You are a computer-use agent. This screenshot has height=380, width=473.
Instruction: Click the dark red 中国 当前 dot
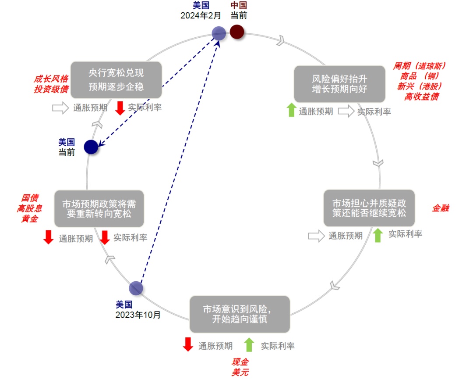pos(237,32)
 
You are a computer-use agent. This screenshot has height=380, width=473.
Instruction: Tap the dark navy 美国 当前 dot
pos(91,147)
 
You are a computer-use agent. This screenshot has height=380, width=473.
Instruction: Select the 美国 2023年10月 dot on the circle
pos(136,288)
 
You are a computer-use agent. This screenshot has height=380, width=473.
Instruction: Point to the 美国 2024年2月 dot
pos(219,33)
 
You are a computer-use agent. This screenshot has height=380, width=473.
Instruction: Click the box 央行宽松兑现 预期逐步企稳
pos(116,79)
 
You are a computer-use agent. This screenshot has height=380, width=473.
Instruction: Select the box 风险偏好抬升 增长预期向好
pos(339,84)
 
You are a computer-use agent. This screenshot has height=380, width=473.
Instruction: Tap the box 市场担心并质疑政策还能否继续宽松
pos(369,208)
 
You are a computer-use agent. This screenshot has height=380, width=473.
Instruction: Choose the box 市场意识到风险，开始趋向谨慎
pos(240,314)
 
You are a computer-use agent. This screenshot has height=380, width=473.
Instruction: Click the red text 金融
pos(440,208)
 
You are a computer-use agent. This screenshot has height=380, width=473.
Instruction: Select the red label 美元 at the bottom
pos(240,373)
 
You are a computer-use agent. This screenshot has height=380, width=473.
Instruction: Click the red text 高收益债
pos(421,97)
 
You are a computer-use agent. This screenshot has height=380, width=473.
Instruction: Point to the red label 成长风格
pos(51,79)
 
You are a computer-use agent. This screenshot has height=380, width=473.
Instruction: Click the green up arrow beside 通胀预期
pos(291,110)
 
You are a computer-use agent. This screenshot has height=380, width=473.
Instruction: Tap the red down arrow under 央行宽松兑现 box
pos(120,108)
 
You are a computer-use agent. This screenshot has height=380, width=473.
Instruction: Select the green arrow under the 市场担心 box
pos(378,235)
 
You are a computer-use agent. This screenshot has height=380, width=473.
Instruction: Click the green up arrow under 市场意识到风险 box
pos(249,345)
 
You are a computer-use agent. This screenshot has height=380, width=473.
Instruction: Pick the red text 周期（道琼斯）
pos(419,66)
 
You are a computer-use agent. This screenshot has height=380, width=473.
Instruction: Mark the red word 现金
pos(240,362)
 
